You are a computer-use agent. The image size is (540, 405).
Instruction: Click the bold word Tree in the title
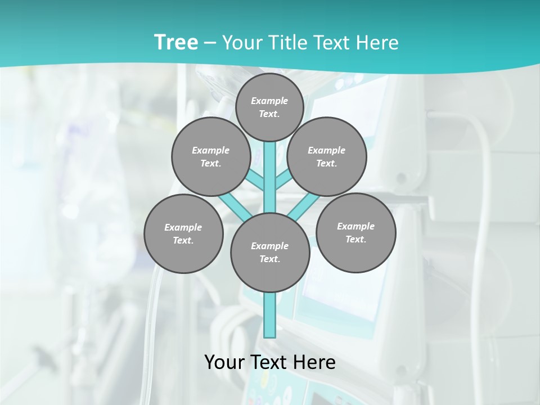pos(176,43)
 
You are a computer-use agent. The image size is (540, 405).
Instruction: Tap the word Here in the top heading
pos(377,43)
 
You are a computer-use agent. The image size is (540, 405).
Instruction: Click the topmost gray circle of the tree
pos(269,107)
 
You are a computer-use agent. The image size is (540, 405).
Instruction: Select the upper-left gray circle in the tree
pos(210,156)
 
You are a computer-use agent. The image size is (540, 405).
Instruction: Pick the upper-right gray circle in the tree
pos(327,156)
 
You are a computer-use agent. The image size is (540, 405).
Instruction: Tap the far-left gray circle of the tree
pos(183,233)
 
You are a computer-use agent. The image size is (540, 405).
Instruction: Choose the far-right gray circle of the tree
pos(355,232)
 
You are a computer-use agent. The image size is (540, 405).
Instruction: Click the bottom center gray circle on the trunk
pos(270,253)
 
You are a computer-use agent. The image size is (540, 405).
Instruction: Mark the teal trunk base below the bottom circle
pos(270,315)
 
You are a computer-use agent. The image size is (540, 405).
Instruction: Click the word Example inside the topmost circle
pos(269,101)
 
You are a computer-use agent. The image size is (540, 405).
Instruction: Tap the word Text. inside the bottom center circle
pos(269,259)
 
